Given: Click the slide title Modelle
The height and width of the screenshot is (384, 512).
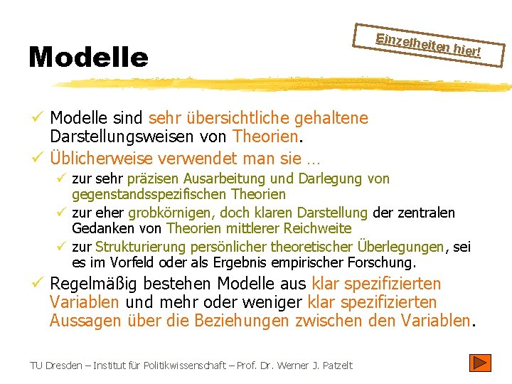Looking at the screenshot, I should click(88, 57).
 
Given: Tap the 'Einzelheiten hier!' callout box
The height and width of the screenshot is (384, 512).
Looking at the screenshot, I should click(429, 44).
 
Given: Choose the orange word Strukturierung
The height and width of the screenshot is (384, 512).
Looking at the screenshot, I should click(140, 247).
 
